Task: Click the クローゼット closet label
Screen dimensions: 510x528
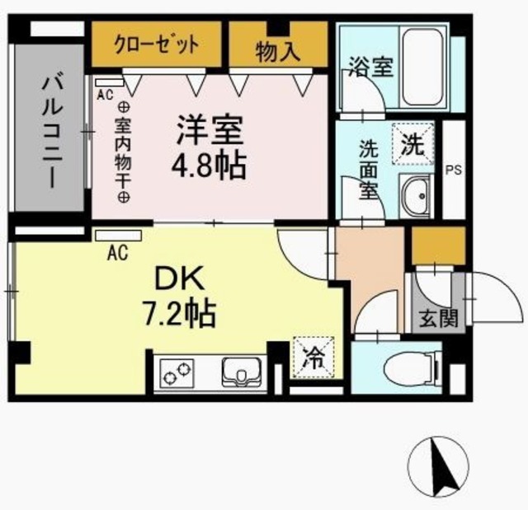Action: (x=156, y=44)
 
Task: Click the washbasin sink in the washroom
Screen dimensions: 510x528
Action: (x=416, y=197)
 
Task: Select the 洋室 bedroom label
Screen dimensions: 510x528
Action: (x=208, y=132)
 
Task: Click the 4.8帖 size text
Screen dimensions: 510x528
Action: (x=208, y=166)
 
